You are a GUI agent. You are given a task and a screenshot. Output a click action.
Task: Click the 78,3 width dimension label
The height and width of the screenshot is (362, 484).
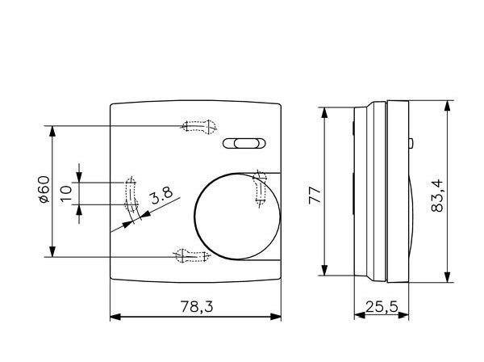[x=197, y=306]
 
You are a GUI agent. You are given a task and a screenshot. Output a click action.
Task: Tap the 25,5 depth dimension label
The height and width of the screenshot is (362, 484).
[x=382, y=307]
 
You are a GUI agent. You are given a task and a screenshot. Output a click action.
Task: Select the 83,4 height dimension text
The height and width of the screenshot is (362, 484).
[x=437, y=196]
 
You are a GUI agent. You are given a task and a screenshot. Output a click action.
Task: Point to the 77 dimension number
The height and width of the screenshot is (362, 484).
[x=315, y=195]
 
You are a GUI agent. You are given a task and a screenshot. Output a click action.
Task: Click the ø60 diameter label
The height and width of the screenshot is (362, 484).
[x=44, y=189]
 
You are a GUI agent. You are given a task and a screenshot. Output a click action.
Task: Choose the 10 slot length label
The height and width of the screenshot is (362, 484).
[x=66, y=194]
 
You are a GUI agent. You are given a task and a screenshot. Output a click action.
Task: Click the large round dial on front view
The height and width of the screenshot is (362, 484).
[x=237, y=216]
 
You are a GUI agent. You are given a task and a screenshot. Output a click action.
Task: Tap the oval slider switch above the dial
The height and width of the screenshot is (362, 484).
[x=244, y=144]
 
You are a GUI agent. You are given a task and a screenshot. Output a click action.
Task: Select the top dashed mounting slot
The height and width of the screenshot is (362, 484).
[x=199, y=126]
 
